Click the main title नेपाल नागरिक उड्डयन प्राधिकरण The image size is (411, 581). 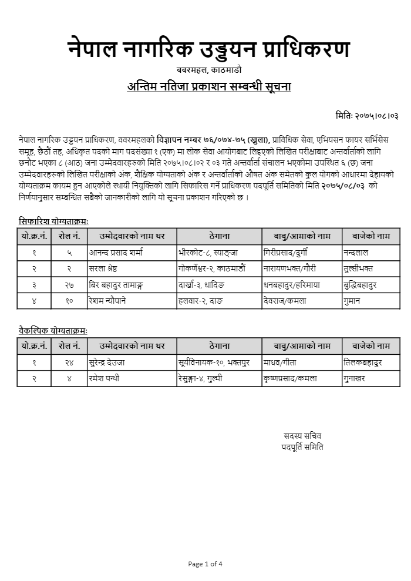coord(209,49)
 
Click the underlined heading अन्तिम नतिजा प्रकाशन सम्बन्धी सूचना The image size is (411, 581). coord(209,87)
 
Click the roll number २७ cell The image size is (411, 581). coord(69,285)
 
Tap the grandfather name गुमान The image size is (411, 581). coord(356,301)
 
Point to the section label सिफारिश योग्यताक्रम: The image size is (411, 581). coord(53,221)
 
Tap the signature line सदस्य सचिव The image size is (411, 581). coord(302,436)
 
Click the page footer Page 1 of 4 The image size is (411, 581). coord(206,564)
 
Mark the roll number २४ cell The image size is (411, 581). coord(69,362)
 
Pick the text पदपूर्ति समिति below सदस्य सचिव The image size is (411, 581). coord(302,446)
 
